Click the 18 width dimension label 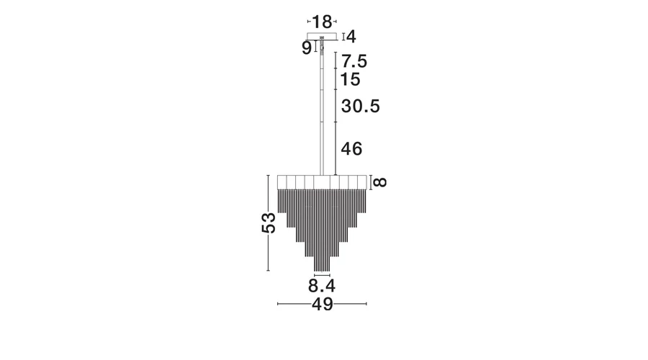pyautogui.click(x=322, y=21)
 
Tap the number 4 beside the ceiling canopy pyautogui.click(x=351, y=37)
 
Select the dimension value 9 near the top pyautogui.click(x=306, y=48)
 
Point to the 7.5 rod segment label pyautogui.click(x=354, y=61)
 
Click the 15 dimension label pyautogui.click(x=350, y=79)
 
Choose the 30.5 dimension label pyautogui.click(x=361, y=107)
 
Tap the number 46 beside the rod pyautogui.click(x=351, y=149)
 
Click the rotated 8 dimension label pyautogui.click(x=380, y=182)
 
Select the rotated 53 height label pyautogui.click(x=269, y=222)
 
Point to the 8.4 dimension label pyautogui.click(x=322, y=286)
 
